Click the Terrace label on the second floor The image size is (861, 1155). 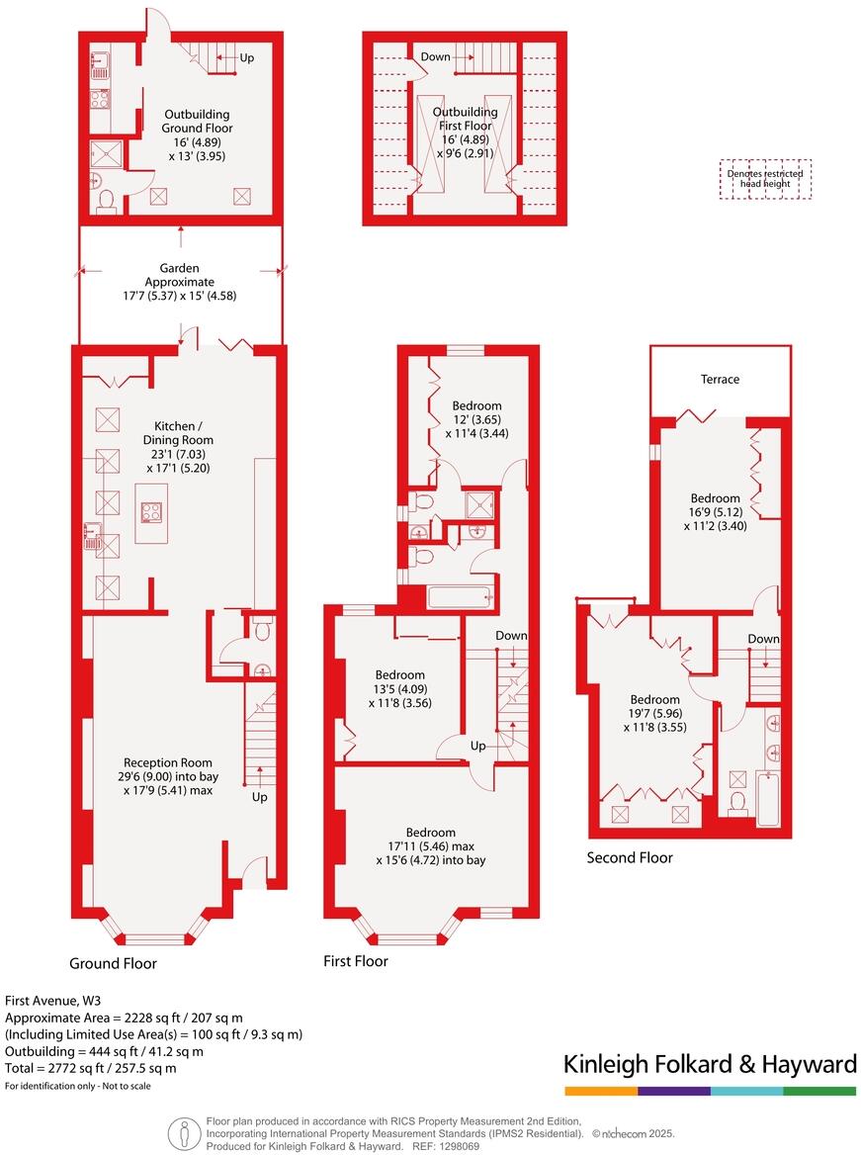(720, 380)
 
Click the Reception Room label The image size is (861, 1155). (168, 762)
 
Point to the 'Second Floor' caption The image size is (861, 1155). (630, 857)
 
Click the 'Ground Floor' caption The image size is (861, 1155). (113, 963)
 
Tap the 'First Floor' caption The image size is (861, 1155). (356, 961)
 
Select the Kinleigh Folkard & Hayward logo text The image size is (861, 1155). (709, 1065)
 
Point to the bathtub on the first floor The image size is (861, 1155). (459, 596)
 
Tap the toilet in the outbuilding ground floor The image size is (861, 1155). (107, 201)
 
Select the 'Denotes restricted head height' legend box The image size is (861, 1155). (764, 179)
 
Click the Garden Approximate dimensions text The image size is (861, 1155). (180, 295)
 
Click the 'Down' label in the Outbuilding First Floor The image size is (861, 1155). (435, 56)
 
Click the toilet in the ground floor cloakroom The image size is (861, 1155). (262, 632)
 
